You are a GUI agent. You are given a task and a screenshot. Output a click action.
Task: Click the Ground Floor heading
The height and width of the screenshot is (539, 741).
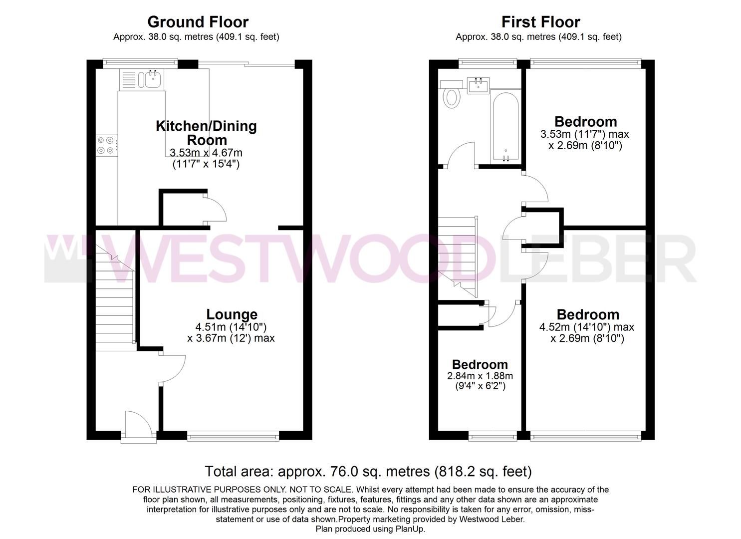pyautogui.click(x=198, y=22)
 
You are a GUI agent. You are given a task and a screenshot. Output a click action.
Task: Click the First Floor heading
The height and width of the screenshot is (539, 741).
pyautogui.click(x=540, y=22)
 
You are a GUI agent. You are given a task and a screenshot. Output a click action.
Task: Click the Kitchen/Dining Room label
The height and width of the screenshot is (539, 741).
pyautogui.click(x=206, y=132)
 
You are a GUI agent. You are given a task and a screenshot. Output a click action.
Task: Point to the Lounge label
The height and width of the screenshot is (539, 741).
pyautogui.click(x=232, y=314)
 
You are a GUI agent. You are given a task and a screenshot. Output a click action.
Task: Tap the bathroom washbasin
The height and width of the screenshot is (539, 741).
pyautogui.click(x=479, y=85)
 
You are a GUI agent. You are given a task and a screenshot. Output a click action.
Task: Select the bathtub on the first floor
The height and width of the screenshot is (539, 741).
pyautogui.click(x=505, y=127)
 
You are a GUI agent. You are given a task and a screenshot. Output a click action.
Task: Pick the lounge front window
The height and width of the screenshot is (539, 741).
pyautogui.click(x=233, y=436)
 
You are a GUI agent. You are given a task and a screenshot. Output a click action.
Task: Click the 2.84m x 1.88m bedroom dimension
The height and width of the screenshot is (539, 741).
pyautogui.click(x=480, y=376)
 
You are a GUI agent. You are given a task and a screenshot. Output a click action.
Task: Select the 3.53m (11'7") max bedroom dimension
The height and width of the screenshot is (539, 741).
pyautogui.click(x=584, y=134)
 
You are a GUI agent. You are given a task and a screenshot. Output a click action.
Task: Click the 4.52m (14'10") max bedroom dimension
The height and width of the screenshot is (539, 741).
pyautogui.click(x=587, y=327)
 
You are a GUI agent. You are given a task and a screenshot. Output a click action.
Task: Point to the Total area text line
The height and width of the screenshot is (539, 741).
pyautogui.click(x=368, y=471)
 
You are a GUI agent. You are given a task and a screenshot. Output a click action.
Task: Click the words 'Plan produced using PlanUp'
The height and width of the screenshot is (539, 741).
pyautogui.click(x=370, y=529)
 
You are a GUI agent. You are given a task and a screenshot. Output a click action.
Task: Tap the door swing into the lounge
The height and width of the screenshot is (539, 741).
pyautogui.click(x=173, y=368)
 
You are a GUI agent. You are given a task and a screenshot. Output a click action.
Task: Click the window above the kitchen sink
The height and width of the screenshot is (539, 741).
pyautogui.click(x=140, y=63)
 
